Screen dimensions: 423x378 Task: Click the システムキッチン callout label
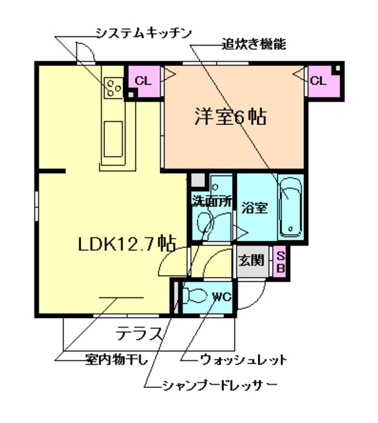[x=143, y=32]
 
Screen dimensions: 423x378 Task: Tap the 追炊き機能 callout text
[x=253, y=46]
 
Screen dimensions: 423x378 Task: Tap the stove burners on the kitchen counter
[x=113, y=86]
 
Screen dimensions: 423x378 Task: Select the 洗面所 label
[x=212, y=202]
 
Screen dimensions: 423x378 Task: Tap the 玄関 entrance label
[x=252, y=260]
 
